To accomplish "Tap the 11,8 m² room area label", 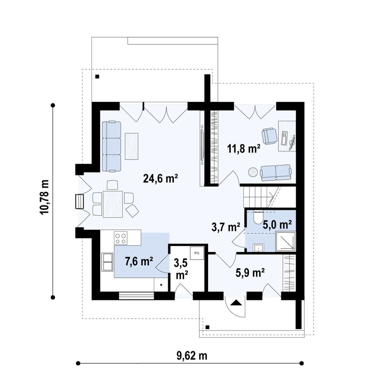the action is tap(244, 148).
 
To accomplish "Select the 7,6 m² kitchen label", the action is tap(139, 261).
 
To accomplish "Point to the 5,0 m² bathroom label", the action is tap(277, 224).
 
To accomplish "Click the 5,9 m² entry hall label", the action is tap(250, 273).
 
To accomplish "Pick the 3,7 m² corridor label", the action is tap(226, 227).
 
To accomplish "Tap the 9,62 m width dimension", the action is tap(192, 356).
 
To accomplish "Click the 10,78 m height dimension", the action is tap(45, 197).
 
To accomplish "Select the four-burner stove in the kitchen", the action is tap(121, 238).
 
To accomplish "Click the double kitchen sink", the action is tap(107, 262).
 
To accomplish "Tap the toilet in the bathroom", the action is tap(257, 218).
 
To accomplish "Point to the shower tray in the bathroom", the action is tap(286, 242).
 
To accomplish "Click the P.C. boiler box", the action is tap(197, 253).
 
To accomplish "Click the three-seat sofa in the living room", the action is tap(111, 146).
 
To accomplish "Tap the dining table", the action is tap(113, 204).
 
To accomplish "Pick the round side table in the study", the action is tap(253, 172).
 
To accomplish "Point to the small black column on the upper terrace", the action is tap(97, 76).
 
